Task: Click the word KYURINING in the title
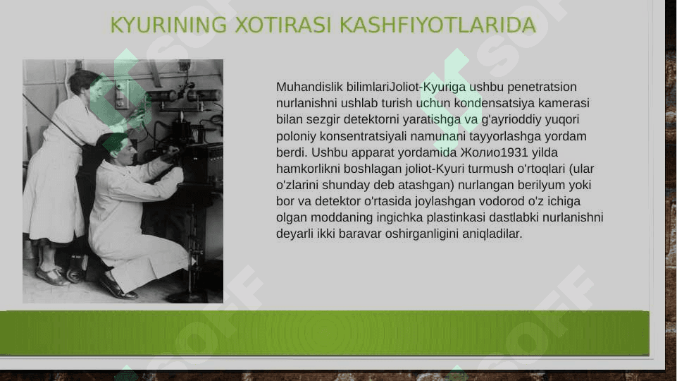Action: pyautogui.click(x=168, y=25)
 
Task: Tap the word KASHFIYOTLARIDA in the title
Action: pyautogui.click(x=437, y=25)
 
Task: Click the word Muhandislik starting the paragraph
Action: pyautogui.click(x=309, y=87)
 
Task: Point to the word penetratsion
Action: pyautogui.click(x=542, y=87)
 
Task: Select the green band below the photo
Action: pyautogui.click(x=324, y=333)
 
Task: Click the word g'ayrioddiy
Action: pyautogui.click(x=509, y=120)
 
